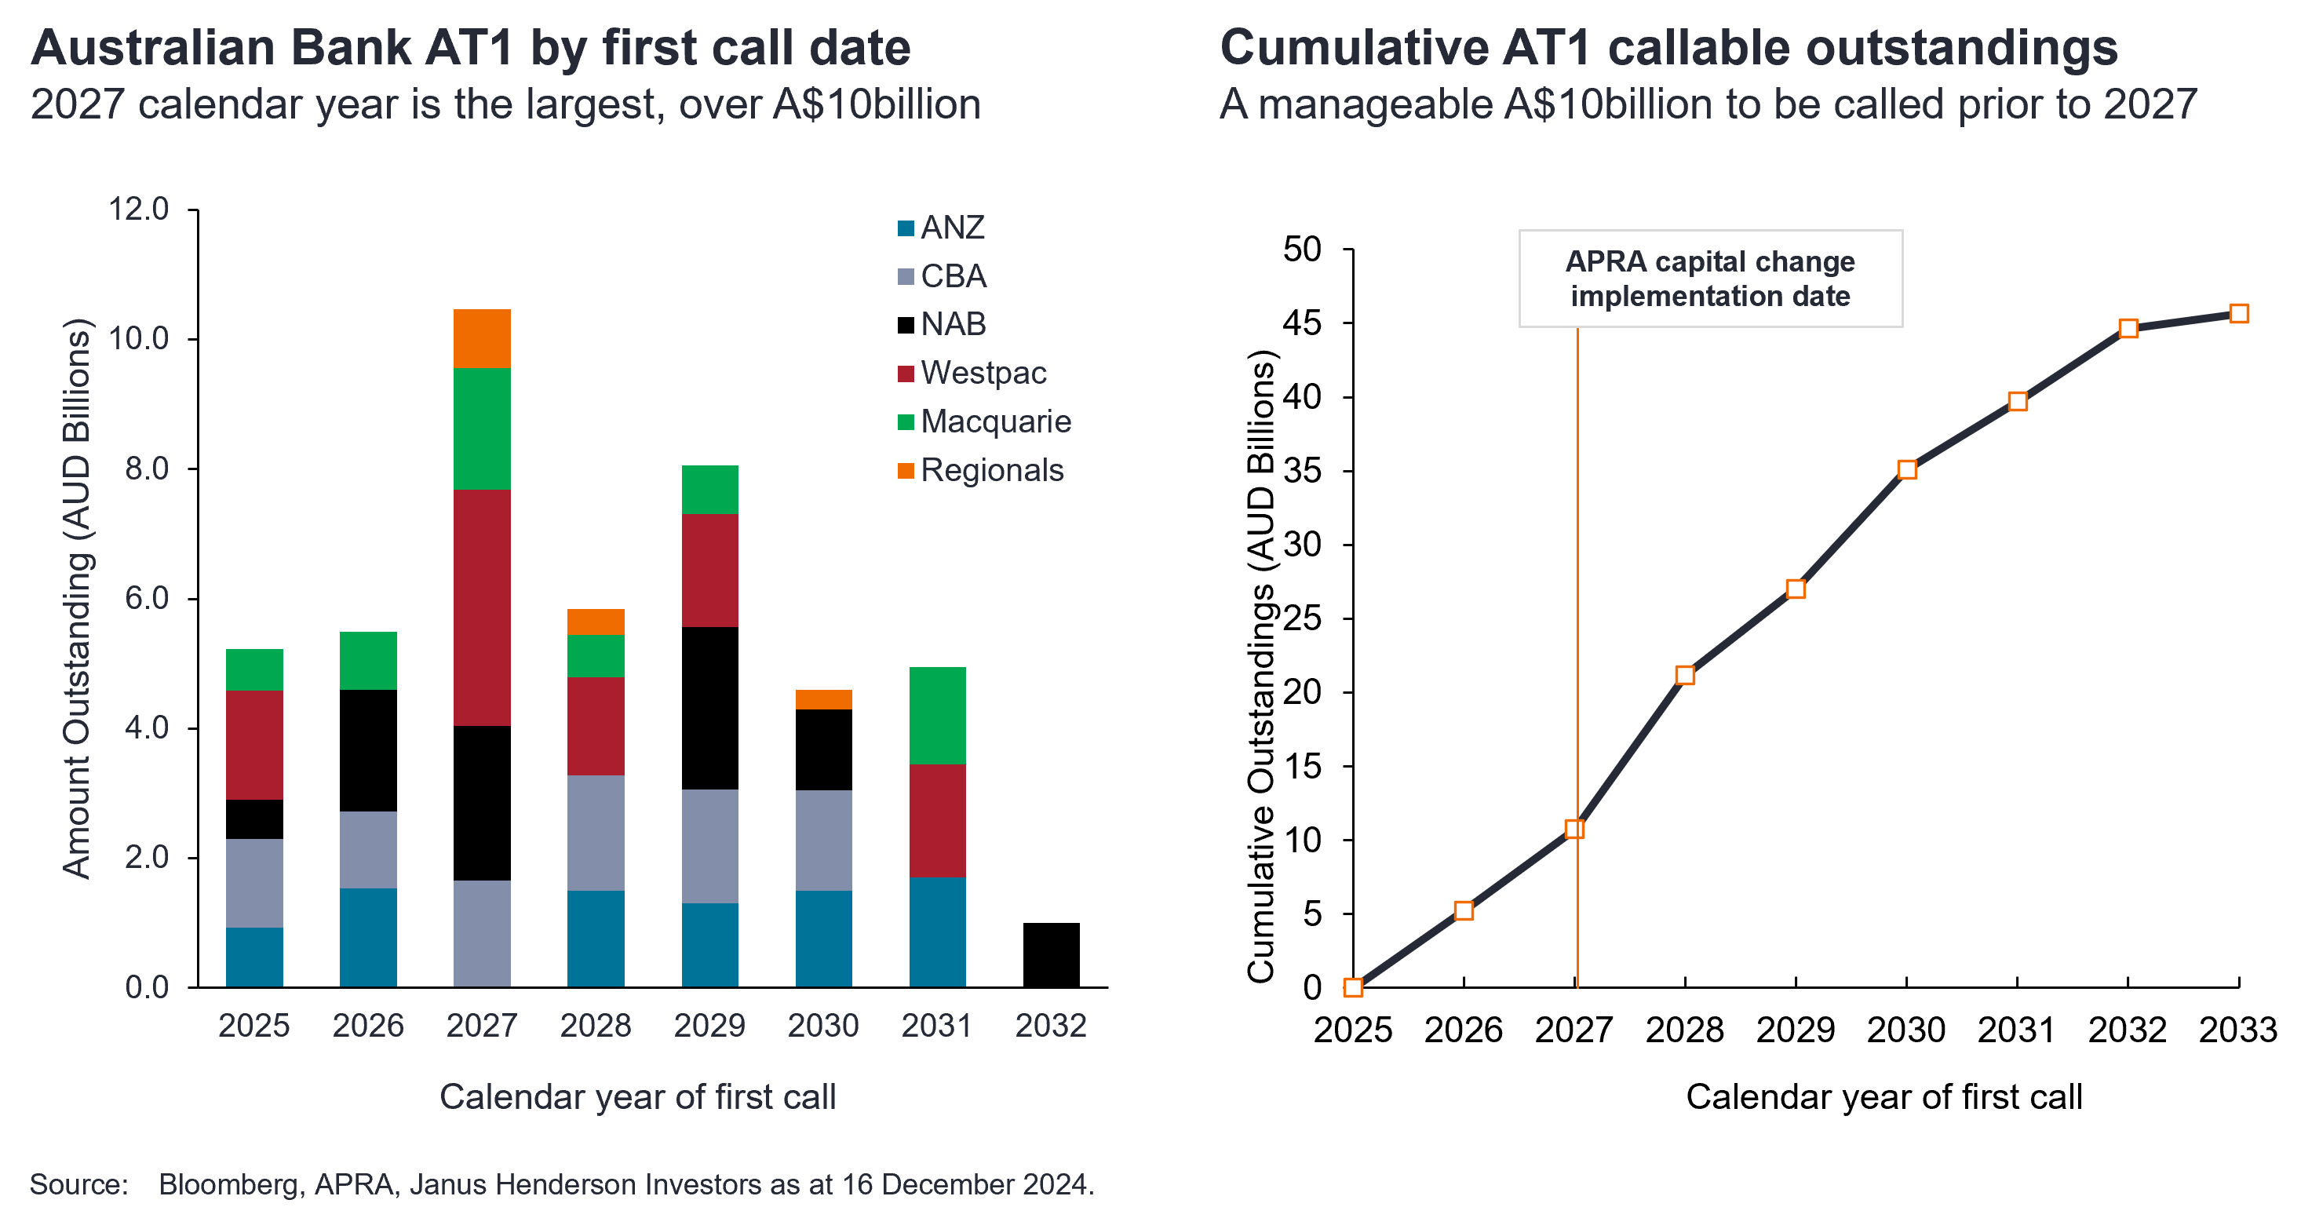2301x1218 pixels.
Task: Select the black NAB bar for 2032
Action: [x=1051, y=954]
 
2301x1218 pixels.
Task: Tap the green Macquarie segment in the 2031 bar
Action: [x=937, y=715]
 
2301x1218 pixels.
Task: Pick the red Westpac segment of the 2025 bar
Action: [x=254, y=745]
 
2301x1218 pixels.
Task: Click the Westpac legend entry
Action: [x=983, y=374]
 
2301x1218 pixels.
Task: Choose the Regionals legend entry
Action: [x=990, y=471]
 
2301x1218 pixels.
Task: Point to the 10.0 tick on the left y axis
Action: [x=138, y=338]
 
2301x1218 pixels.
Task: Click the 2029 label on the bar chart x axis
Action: [x=709, y=1025]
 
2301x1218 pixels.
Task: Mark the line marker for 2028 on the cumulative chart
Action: [x=1685, y=675]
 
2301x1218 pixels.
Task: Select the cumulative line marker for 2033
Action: [x=2238, y=313]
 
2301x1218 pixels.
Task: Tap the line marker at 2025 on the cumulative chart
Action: [x=1353, y=986]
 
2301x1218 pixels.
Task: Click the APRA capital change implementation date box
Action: [x=1710, y=279]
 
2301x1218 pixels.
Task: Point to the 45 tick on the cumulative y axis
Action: [x=1302, y=323]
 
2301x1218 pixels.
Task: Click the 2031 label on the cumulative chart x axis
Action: [x=2016, y=1030]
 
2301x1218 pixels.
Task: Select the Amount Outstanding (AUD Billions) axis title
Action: [x=77, y=598]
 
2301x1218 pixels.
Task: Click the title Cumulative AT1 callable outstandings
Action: [x=1668, y=48]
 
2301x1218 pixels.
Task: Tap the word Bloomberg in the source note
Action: [x=227, y=1184]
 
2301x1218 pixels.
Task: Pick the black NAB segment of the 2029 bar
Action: [x=709, y=708]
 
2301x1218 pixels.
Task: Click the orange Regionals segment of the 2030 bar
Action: [x=822, y=699]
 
